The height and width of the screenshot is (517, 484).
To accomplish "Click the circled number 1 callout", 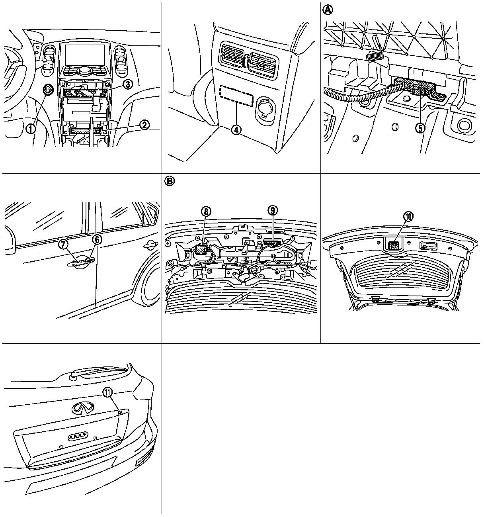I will [x=31, y=129].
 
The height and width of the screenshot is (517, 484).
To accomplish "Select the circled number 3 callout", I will [x=127, y=84].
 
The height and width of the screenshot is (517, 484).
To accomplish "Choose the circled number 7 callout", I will [x=64, y=244].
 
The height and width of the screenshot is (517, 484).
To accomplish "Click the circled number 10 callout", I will [x=409, y=216].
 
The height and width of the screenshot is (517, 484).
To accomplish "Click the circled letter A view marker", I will [x=327, y=10].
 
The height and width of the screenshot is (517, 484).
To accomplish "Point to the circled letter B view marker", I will [x=169, y=181].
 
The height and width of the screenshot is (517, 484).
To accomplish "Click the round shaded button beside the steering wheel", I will [x=48, y=90].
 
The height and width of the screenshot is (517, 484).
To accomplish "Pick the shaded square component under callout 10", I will [x=393, y=245].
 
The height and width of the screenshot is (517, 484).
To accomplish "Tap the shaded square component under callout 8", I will [x=201, y=249].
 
